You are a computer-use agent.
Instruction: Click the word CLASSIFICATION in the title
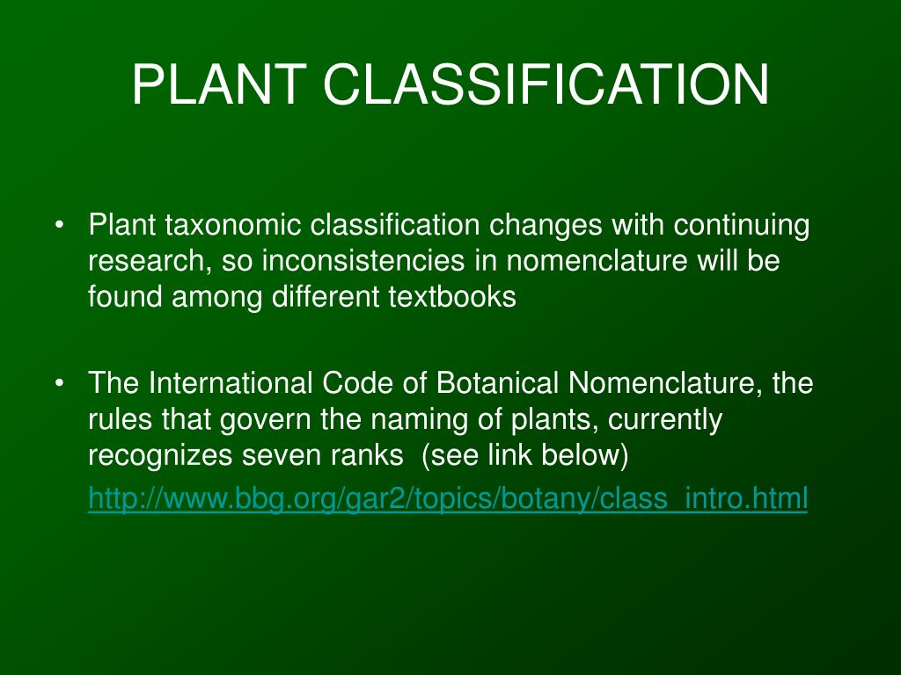click(x=546, y=85)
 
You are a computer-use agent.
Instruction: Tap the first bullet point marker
click(x=59, y=226)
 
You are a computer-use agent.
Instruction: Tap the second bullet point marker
click(x=59, y=384)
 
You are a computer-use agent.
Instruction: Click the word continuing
click(x=742, y=227)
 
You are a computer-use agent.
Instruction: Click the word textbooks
click(x=452, y=297)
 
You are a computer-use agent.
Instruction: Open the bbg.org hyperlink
click(x=447, y=499)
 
